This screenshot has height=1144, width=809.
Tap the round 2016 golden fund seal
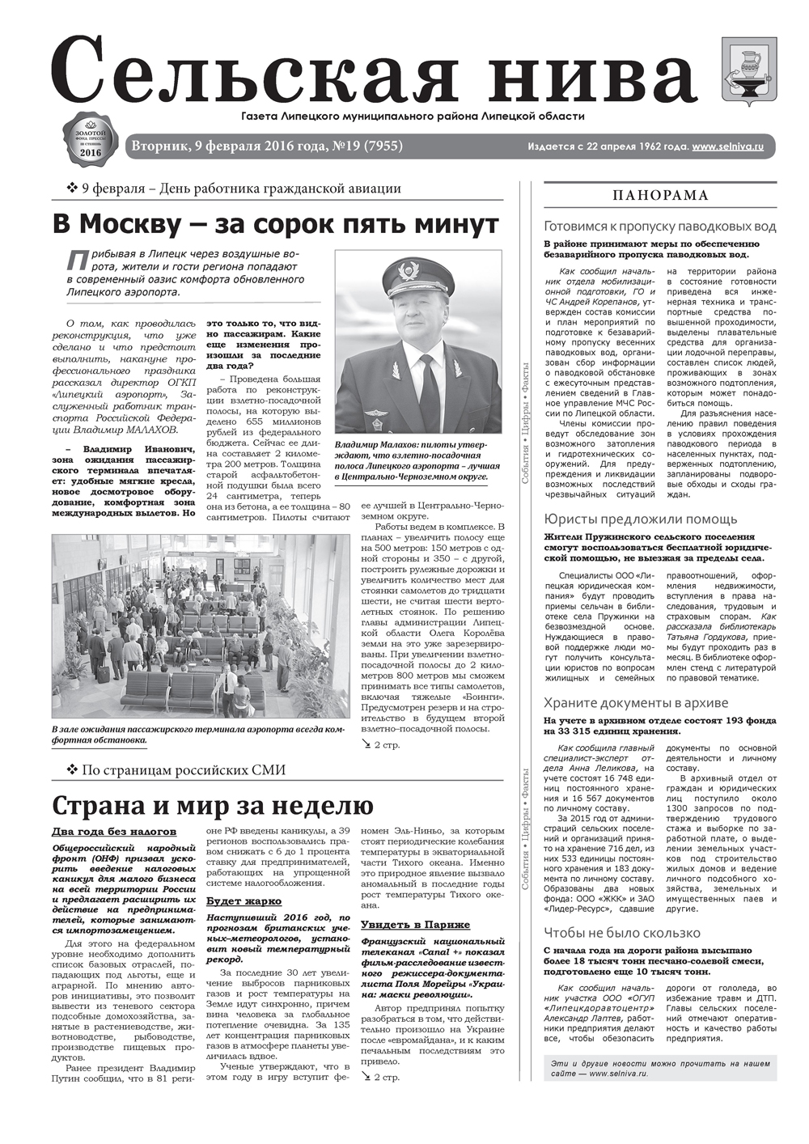pos(91,140)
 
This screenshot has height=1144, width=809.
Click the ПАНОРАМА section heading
pos(660,196)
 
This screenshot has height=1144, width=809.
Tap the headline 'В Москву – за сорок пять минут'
pos(276,222)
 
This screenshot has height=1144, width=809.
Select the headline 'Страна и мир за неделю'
pos(213,806)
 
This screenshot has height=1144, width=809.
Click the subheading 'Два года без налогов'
pos(114,831)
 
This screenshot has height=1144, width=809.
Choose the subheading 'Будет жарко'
pos(244,900)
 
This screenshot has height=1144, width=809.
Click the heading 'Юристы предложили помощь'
pos(641,519)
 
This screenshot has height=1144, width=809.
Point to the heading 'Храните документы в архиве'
pos(637,702)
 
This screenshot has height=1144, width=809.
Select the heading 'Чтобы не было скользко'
pos(622,932)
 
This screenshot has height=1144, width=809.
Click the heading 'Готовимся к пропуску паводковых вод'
pos(660,227)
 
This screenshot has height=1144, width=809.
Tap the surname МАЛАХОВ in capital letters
pos(152,430)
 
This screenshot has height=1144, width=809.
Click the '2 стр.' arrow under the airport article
pos(379,744)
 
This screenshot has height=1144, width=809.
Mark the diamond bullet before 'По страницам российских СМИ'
pos(71,769)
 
